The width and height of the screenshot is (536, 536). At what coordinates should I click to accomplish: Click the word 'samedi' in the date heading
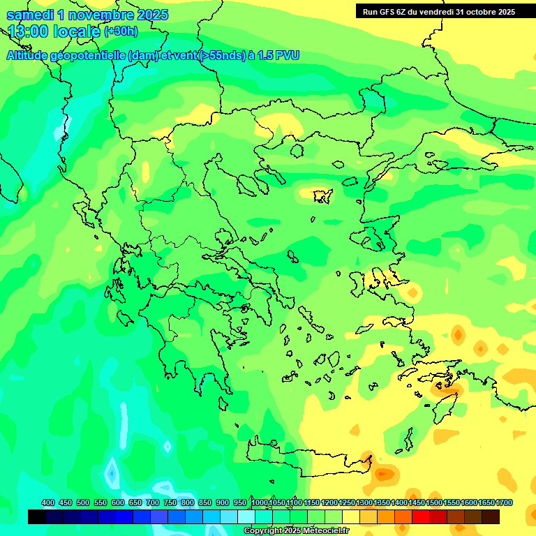point(30,15)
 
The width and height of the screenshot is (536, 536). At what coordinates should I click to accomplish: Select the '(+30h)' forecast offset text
point(121,31)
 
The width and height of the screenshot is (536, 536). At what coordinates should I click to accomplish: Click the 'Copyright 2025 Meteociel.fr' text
point(297,531)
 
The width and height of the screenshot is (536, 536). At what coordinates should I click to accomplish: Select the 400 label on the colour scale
point(48,502)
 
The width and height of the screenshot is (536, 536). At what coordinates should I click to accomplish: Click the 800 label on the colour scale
point(188,502)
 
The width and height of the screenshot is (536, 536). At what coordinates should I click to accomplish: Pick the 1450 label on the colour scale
point(417,502)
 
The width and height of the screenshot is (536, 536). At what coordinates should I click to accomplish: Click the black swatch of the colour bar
point(37,516)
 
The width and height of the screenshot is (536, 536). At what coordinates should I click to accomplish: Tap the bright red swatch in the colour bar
point(421,516)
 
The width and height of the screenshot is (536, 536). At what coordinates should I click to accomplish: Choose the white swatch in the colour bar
point(246,516)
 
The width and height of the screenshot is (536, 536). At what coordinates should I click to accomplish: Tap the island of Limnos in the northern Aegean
point(322,196)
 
